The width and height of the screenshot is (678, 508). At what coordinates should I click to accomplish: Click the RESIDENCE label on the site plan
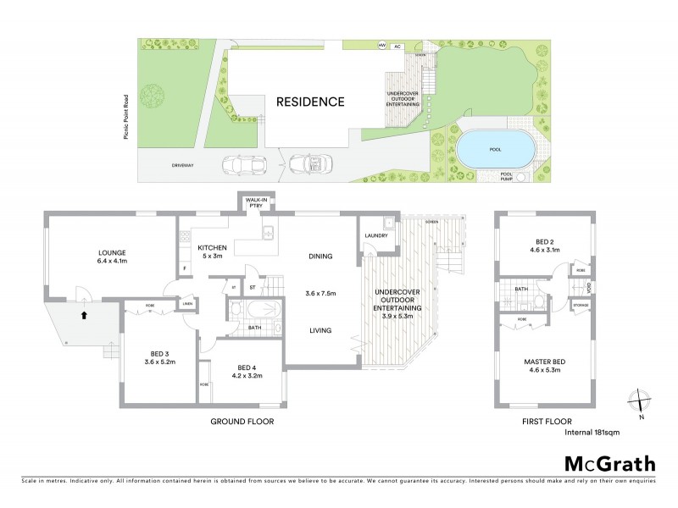310,102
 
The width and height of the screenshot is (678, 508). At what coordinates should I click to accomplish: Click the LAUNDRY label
375,235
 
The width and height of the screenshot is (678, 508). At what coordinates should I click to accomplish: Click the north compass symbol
640,400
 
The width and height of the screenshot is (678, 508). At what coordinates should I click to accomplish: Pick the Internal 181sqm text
593,433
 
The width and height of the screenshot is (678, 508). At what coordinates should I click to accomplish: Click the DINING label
320,257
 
